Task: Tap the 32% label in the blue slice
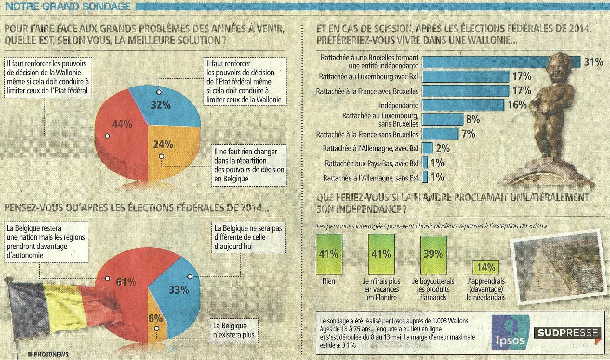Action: pyautogui.click(x=161, y=105)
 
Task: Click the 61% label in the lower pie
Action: pyautogui.click(x=126, y=282)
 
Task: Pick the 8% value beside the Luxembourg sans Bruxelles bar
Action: pyautogui.click(x=473, y=119)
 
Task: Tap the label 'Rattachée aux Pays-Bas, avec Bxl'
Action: pyautogui.click(x=371, y=164)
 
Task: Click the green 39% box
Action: pyautogui.click(x=433, y=255)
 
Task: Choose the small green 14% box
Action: pyautogui.click(x=485, y=267)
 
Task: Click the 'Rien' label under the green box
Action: pyautogui.click(x=328, y=281)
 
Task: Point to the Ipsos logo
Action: pyautogui.click(x=510, y=332)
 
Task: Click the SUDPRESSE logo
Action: pyautogui.click(x=567, y=333)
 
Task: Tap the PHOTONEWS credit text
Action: pyautogui.click(x=51, y=354)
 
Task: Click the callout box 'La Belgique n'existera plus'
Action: pyautogui.click(x=234, y=330)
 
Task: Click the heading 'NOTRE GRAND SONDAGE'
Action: pyautogui.click(x=68, y=6)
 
